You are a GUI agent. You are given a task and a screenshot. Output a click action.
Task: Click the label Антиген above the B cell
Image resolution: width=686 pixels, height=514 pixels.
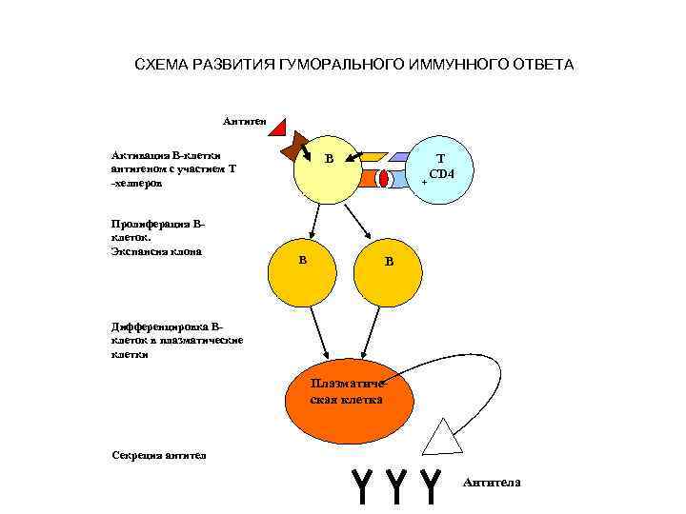pyautogui.click(x=245, y=122)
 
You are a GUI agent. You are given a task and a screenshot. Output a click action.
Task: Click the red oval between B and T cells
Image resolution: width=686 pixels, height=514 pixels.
pyautogui.click(x=385, y=178)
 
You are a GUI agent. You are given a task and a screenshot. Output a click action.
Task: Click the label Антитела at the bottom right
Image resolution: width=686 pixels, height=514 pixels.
pyautogui.click(x=492, y=483)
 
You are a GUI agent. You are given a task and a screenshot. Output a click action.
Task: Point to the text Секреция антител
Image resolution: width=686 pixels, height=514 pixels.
pyautogui.click(x=157, y=454)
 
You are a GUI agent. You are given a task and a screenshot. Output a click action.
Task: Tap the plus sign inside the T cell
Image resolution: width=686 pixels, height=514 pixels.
pyautogui.click(x=424, y=182)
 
